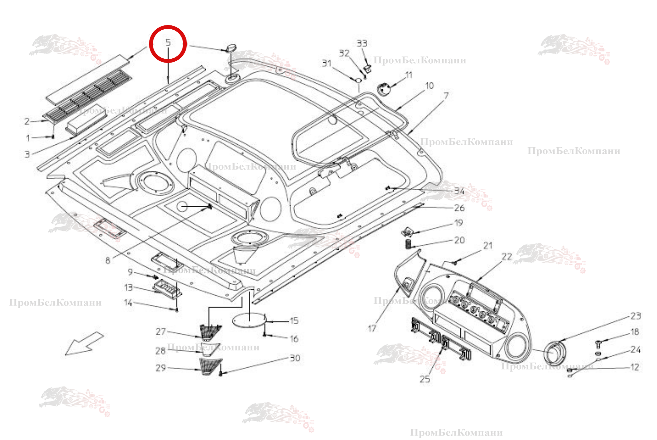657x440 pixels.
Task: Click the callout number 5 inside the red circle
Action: pyautogui.click(x=168, y=43)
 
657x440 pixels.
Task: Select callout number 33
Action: pyautogui.click(x=362, y=43)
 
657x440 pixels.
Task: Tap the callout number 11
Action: pyautogui.click(x=409, y=75)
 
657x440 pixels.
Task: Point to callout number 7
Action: pyautogui.click(x=446, y=96)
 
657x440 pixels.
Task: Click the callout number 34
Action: pyautogui.click(x=459, y=191)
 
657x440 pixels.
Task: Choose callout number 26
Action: pyautogui.click(x=459, y=208)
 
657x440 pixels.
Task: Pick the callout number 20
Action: pyautogui.click(x=459, y=240)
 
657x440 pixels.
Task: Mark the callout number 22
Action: pyautogui.click(x=507, y=257)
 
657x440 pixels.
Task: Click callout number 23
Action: pyautogui.click(x=635, y=316)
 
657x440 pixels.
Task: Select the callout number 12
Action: pyautogui.click(x=635, y=367)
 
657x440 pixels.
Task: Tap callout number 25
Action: pyautogui.click(x=425, y=379)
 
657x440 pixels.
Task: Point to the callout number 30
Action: pyautogui.click(x=295, y=358)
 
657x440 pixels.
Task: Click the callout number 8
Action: pyautogui.click(x=108, y=260)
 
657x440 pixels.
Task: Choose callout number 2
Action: pyautogui.click(x=27, y=122)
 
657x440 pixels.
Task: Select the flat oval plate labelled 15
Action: pyautogui.click(x=249, y=320)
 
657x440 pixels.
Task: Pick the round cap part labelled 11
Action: pyautogui.click(x=384, y=89)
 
